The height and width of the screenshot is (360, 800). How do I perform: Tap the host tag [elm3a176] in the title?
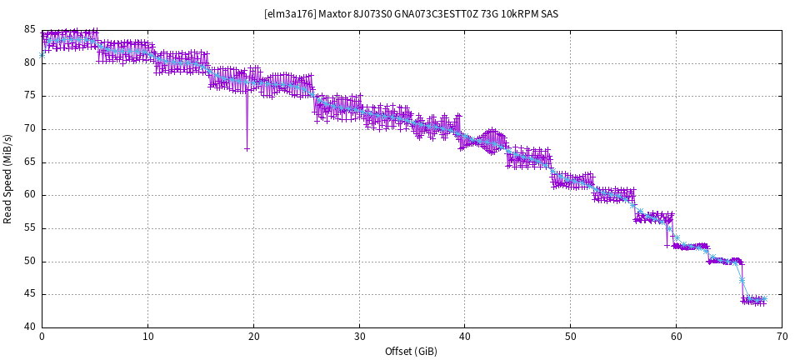click(287, 13)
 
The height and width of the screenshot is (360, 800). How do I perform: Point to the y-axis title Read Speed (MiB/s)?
click(8, 178)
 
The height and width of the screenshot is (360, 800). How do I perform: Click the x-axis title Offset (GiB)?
click(411, 351)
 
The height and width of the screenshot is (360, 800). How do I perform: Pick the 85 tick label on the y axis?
click(30, 30)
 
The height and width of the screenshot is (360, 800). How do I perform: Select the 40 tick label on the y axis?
click(30, 327)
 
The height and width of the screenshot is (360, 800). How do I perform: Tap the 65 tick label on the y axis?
click(30, 162)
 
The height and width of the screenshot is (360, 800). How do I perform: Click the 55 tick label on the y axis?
click(30, 227)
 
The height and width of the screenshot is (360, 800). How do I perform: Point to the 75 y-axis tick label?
click(30, 96)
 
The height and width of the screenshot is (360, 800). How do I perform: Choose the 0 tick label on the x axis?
click(42, 337)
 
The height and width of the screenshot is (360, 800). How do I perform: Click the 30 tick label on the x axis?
click(359, 337)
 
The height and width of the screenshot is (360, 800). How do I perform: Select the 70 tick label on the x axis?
click(782, 337)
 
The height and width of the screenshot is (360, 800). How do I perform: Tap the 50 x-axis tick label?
click(570, 337)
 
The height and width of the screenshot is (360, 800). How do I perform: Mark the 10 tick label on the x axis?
click(147, 337)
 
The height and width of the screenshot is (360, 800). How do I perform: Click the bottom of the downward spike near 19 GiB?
click(247, 148)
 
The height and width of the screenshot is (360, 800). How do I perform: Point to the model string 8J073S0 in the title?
click(372, 13)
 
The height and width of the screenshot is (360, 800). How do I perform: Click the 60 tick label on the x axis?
click(676, 337)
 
